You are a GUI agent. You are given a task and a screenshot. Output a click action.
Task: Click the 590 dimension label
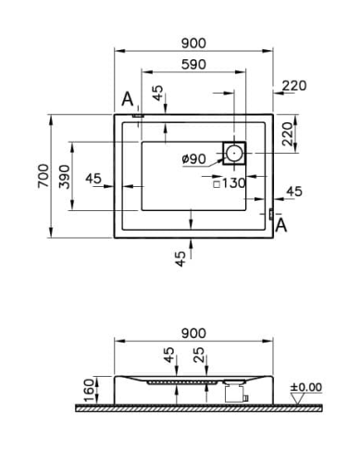[x=193, y=65]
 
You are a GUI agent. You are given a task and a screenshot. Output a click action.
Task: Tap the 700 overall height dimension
[x=43, y=176]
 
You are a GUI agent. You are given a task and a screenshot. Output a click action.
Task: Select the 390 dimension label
[x=65, y=177]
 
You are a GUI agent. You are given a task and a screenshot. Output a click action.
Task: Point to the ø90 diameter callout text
[x=193, y=159]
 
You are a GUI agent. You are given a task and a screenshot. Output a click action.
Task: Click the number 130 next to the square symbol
[x=233, y=183]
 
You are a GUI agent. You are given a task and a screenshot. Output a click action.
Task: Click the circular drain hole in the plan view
[x=234, y=153]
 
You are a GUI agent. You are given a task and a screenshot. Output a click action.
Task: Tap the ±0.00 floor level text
[x=306, y=387]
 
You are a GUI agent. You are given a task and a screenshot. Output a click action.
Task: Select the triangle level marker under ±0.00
[x=297, y=398]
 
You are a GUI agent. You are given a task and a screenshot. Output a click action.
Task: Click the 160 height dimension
[x=89, y=391]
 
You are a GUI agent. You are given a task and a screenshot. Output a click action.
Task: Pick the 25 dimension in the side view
[x=199, y=355]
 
